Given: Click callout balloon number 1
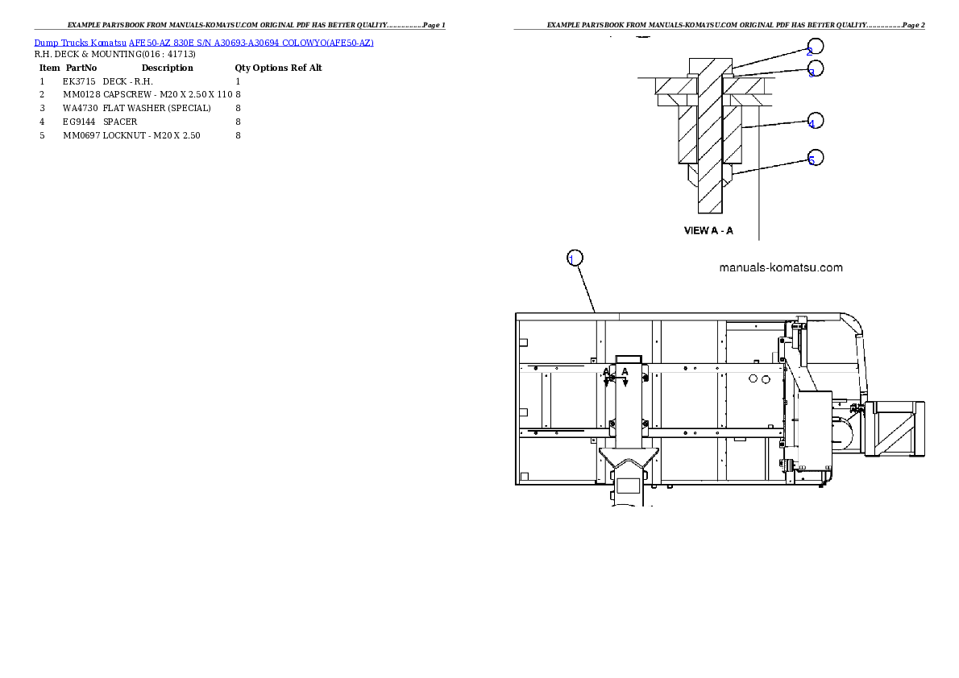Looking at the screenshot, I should [x=574, y=258].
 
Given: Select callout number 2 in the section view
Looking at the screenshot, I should [x=815, y=48].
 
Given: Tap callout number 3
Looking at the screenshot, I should [x=815, y=70].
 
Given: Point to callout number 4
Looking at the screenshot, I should [x=815, y=122].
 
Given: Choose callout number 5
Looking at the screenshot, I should [x=815, y=158].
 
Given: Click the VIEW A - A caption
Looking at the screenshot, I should [x=708, y=230].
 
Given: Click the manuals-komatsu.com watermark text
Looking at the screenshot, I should [x=780, y=267].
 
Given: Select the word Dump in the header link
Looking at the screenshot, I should [x=46, y=42].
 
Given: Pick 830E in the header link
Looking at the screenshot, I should [x=185, y=42].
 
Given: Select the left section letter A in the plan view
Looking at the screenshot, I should [x=606, y=372].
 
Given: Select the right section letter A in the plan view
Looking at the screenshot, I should [x=625, y=372].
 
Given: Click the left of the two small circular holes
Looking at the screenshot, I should [x=753, y=378].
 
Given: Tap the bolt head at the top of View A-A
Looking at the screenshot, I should [x=710, y=65].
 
